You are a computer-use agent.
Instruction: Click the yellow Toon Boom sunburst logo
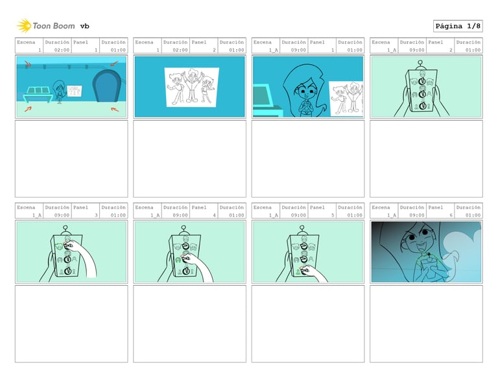pos(24,26)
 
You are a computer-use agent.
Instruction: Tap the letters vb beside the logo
pos(84,26)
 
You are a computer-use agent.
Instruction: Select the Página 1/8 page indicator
pos(458,26)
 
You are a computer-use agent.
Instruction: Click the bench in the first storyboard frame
pos(38,94)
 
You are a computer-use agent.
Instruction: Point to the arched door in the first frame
pos(107,86)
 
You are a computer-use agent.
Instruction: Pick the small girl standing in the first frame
pos(59,92)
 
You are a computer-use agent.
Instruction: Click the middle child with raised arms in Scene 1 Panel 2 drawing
pos(191,85)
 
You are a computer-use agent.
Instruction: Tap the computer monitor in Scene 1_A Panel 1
pos(263,96)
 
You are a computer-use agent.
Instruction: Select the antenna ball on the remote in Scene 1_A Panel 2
pos(420,63)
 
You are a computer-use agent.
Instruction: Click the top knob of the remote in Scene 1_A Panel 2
pos(422,82)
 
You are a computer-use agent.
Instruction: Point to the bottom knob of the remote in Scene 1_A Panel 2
pos(422,106)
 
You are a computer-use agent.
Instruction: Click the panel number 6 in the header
pos(451,215)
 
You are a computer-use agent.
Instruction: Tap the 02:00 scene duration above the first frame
pos(62,50)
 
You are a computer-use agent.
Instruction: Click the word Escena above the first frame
pos(26,42)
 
